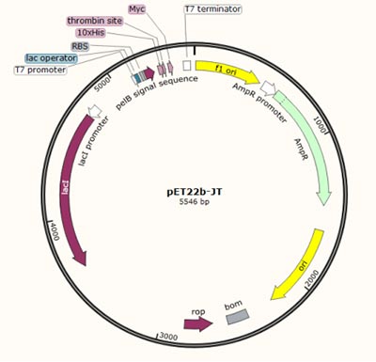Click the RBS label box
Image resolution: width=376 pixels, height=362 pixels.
coord(81,45)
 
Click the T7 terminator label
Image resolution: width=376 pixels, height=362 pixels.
coord(212,8)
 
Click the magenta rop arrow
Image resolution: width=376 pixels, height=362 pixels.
coord(197,323)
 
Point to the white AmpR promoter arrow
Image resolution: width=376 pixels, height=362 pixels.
coord(270,89)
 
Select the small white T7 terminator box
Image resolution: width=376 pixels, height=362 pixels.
coord(187,66)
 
